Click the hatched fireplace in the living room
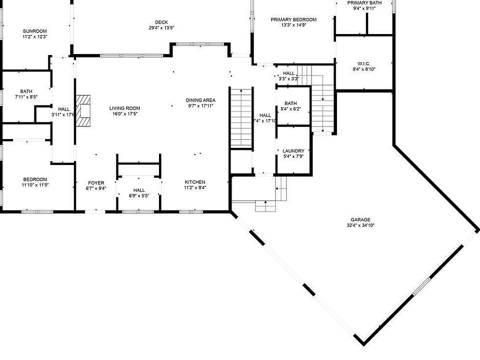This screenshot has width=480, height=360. click(x=83, y=110)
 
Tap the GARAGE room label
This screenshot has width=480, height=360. click(x=360, y=219)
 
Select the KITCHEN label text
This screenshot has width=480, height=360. click(x=195, y=182)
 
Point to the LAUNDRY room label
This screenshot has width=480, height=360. click(x=293, y=150)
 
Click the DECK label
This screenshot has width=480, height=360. click(x=161, y=22)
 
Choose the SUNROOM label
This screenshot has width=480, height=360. click(x=35, y=31)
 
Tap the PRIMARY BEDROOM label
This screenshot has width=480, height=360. click(x=293, y=19)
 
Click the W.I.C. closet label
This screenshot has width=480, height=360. click(x=363, y=63)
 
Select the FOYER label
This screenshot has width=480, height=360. click(x=96, y=183)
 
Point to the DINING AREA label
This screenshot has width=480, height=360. click(x=200, y=100)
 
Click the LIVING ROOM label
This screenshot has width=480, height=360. click(x=125, y=108)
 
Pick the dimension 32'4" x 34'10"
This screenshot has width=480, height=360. click(x=360, y=225)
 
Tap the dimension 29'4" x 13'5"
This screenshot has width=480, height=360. click(x=161, y=28)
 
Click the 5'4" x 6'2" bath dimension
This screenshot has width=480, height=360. click(x=290, y=108)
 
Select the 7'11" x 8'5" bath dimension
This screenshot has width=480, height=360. click(x=26, y=96)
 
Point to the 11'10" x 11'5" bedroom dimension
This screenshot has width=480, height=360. click(x=35, y=185)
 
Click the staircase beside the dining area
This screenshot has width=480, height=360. click(x=241, y=117)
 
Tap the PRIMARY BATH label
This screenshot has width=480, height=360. click(x=364, y=3)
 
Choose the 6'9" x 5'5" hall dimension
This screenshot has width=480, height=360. click(x=139, y=196)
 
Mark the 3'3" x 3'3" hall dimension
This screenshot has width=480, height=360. click(x=288, y=78)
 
